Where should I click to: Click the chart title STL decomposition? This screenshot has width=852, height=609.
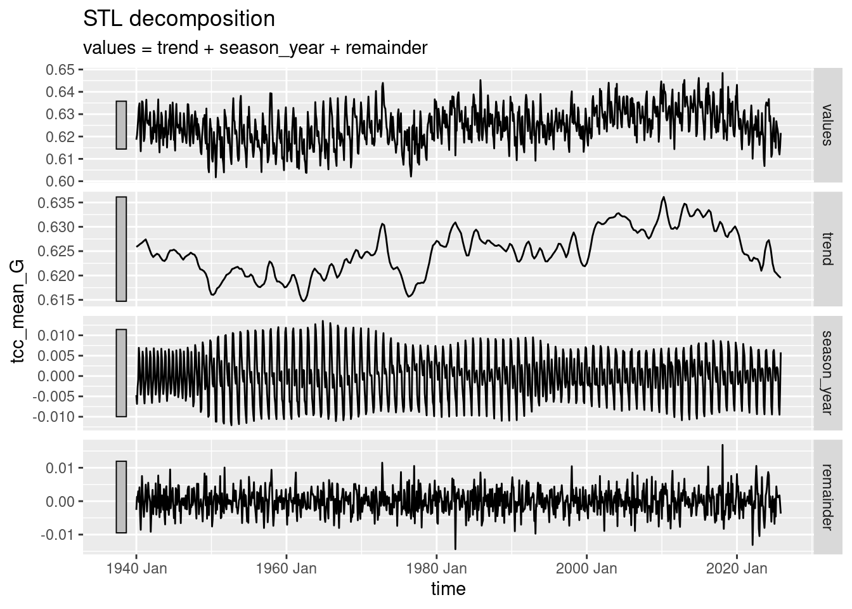(x=179, y=19)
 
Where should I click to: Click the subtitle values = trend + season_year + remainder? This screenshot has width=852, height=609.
(x=255, y=48)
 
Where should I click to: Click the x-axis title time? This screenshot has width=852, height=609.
(x=448, y=589)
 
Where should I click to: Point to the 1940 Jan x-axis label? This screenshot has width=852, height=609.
(x=136, y=568)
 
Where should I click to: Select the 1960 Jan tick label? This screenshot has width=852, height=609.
(x=287, y=568)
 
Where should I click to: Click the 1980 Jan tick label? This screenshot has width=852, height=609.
(x=437, y=568)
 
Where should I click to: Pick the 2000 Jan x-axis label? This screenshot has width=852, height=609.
(x=587, y=568)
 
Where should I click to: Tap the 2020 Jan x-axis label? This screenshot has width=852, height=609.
(x=737, y=568)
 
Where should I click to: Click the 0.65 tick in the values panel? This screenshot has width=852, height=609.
(x=59, y=69)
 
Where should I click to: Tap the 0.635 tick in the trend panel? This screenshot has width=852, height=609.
(x=56, y=204)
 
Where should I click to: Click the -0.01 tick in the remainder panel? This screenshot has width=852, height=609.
(x=59, y=535)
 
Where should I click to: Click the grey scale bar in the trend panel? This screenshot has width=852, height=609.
(x=121, y=249)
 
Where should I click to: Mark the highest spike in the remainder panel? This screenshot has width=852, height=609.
(x=723, y=445)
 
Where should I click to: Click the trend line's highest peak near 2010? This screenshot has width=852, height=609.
(x=663, y=197)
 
